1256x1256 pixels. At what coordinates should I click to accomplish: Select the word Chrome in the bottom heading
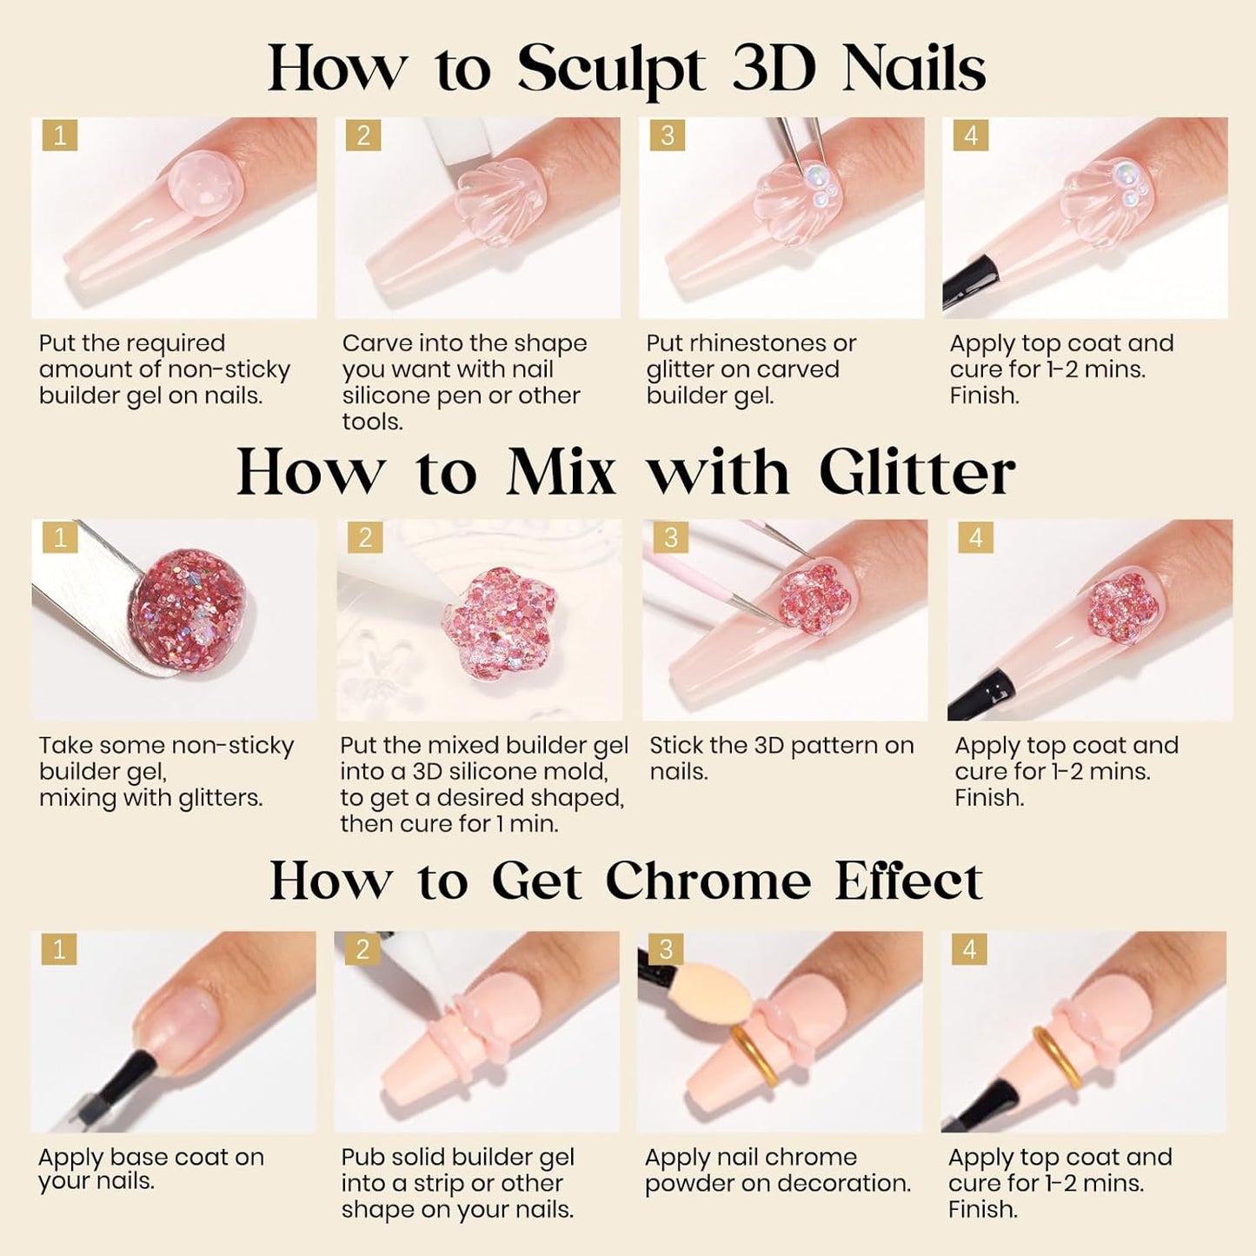tap(708, 881)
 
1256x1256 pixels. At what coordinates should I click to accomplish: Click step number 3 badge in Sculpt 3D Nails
tap(667, 136)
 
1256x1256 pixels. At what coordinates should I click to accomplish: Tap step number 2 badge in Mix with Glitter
tap(365, 538)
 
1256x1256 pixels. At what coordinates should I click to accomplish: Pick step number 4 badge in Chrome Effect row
tap(969, 949)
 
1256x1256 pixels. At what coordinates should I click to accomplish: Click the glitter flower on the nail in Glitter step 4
tap(1113, 608)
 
